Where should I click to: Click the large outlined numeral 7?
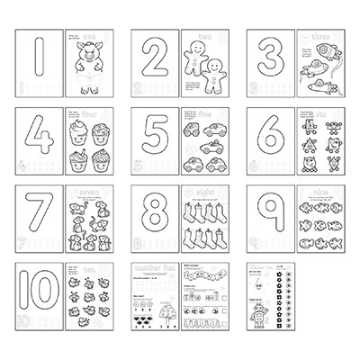[40, 225]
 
